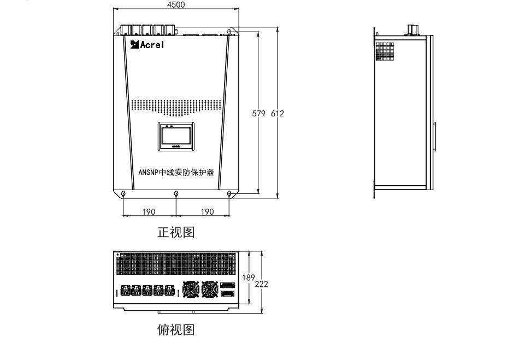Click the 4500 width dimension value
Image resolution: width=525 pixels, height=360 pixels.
pyautogui.click(x=176, y=5)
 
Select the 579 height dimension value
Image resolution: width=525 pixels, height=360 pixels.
pyautogui.click(x=258, y=114)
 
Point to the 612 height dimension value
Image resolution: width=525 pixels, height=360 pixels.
pyautogui.click(x=277, y=114)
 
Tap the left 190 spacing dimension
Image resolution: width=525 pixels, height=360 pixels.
pyautogui.click(x=149, y=211)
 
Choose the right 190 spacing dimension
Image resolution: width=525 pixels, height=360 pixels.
pyautogui.click(x=207, y=211)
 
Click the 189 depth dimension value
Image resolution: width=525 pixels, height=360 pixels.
pyautogui.click(x=249, y=278)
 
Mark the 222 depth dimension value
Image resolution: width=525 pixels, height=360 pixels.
pyautogui.click(x=262, y=284)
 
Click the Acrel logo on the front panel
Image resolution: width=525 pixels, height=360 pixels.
pyautogui.click(x=147, y=44)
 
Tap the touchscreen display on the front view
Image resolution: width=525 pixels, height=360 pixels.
pyautogui.click(x=176, y=137)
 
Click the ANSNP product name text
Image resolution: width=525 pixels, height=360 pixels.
pyautogui.click(x=176, y=172)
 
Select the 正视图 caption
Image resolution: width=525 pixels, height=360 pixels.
pyautogui.click(x=176, y=232)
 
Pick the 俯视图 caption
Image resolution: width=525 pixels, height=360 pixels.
pyautogui.click(x=176, y=330)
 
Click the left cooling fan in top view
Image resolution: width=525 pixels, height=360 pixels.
pyautogui.click(x=191, y=289)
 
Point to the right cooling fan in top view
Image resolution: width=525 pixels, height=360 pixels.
pyautogui.click(x=210, y=289)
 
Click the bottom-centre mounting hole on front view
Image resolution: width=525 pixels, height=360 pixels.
pyautogui.click(x=176, y=193)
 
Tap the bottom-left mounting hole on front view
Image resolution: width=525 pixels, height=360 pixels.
pyautogui.click(x=123, y=193)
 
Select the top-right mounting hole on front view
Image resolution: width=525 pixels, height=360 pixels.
pyautogui.click(x=229, y=32)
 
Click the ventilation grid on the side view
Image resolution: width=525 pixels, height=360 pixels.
pyautogui.click(x=385, y=51)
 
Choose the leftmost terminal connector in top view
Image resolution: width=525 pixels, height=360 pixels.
pyautogui.click(x=126, y=290)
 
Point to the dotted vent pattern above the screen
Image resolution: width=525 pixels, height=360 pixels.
pyautogui.click(x=176, y=108)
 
